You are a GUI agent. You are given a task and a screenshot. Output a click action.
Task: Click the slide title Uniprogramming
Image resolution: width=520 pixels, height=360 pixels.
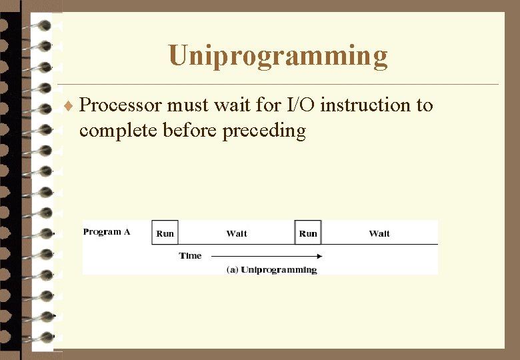(277, 56)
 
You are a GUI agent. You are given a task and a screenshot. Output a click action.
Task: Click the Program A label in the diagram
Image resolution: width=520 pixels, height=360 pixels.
(107, 232)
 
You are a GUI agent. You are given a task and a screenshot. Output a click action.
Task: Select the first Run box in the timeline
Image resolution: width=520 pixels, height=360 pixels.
(165, 233)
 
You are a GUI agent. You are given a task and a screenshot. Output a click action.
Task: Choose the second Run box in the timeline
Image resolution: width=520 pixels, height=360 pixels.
(308, 233)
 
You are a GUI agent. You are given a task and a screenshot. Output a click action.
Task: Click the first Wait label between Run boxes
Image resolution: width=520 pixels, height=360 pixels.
(237, 233)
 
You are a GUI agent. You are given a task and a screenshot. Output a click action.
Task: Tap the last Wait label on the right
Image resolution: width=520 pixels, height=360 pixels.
(379, 233)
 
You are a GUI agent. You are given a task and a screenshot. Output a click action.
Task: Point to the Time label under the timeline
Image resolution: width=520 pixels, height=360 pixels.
(190, 256)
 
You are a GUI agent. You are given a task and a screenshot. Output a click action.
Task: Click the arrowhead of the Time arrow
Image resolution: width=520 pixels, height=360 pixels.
(319, 256)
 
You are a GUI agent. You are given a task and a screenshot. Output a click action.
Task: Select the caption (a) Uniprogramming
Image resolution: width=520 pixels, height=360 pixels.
(272, 270)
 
